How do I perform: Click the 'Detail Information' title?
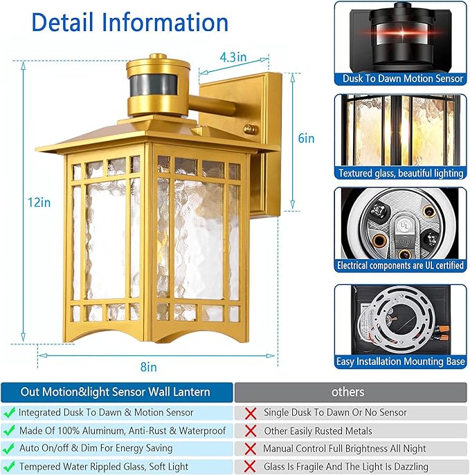129,23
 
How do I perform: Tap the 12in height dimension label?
40,203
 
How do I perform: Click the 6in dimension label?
306,138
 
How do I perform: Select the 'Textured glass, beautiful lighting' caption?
401,173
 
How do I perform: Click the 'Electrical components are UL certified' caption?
401,266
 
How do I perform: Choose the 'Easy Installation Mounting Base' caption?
401,361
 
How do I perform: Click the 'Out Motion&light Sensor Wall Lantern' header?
116,392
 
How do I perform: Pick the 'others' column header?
347,392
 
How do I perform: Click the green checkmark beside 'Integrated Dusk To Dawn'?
10,412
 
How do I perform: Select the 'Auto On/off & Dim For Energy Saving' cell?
115,449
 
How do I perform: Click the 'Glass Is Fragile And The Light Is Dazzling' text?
345,467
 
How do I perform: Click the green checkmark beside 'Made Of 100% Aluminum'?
10,431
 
